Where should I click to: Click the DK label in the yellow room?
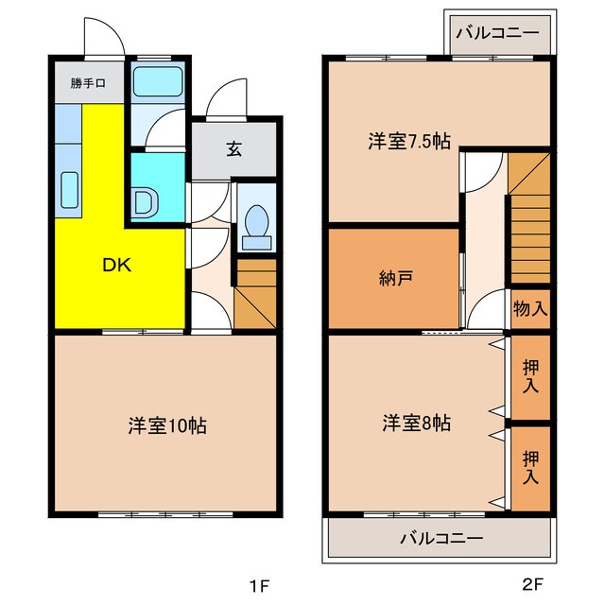coord(116,267)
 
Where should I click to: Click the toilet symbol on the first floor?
coord(253,223)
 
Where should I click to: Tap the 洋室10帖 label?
coord(167,425)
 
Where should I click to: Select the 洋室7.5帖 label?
coord(408,142)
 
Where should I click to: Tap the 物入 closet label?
coord(529,307)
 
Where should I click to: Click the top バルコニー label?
coord(497,33)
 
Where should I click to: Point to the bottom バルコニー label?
coord(441,539)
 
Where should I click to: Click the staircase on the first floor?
coord(255,293)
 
